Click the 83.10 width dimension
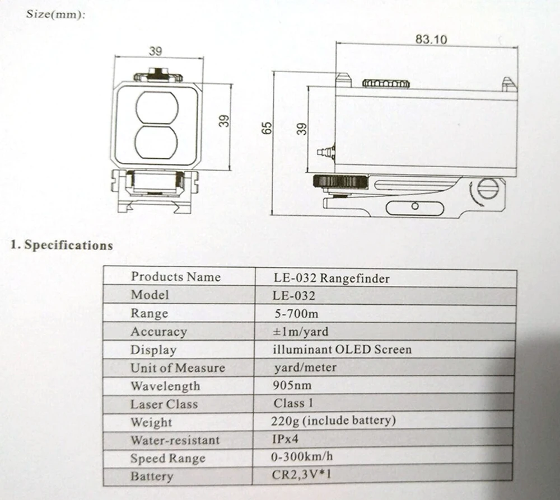tap(431, 39)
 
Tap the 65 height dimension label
tap(267, 128)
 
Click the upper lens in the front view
tap(157, 108)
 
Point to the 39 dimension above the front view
tap(156, 51)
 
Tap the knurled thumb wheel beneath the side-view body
tap(340, 182)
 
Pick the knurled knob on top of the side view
tap(386, 84)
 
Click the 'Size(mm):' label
tap(55, 15)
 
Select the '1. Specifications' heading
tap(62, 245)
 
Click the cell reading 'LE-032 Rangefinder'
tap(332, 278)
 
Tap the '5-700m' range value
tap(296, 314)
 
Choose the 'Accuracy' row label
tap(158, 332)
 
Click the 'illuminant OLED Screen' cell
tap(342, 349)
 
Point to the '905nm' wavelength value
tap(292, 385)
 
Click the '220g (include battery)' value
tap(333, 421)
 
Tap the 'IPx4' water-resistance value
tap(285, 438)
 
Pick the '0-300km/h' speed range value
tap(302, 456)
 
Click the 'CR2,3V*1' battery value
tap(301, 475)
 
